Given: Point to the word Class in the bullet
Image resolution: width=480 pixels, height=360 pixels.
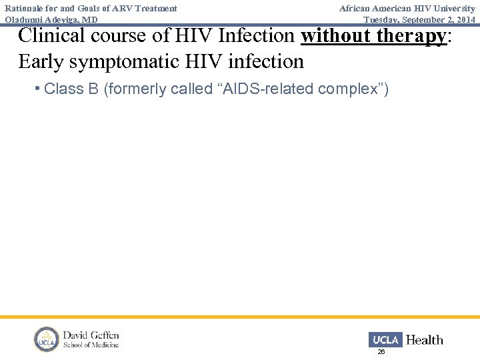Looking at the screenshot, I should click(x=65, y=89).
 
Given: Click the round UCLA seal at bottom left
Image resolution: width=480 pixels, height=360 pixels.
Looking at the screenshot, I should click(x=47, y=339).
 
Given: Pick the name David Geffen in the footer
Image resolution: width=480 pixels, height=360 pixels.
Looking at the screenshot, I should click(x=91, y=335).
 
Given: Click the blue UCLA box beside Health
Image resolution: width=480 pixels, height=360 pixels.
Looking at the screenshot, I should click(x=385, y=340).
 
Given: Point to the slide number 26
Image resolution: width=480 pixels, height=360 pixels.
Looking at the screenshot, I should click(x=381, y=351).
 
